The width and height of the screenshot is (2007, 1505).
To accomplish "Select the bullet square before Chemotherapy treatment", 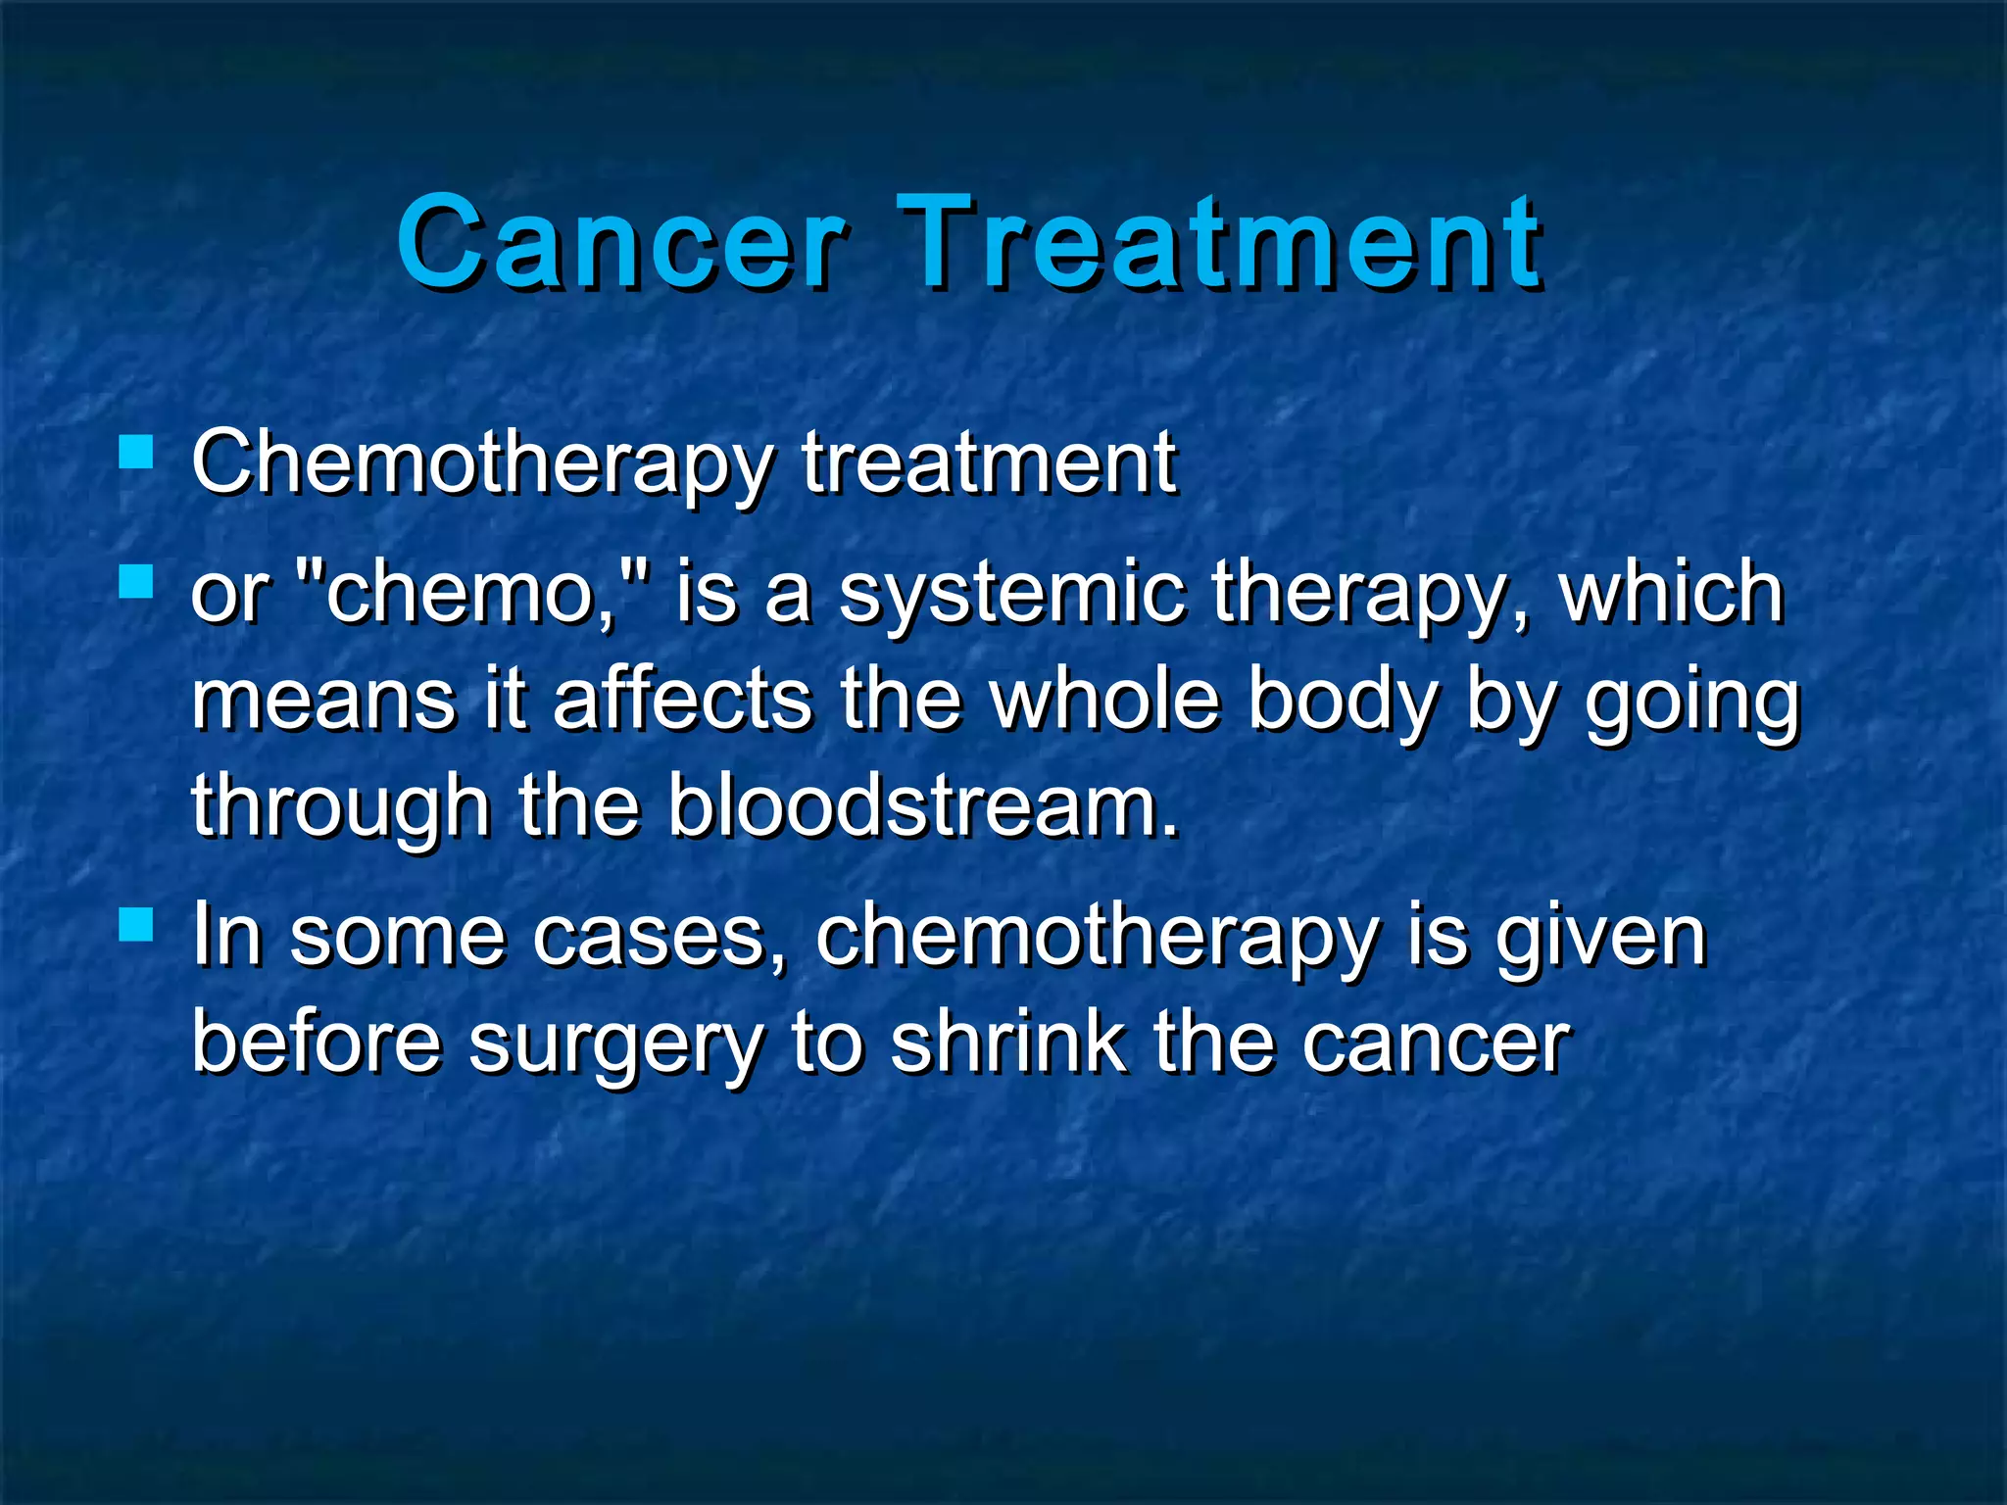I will [136, 452].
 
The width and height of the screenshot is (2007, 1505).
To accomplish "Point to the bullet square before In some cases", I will [136, 923].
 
